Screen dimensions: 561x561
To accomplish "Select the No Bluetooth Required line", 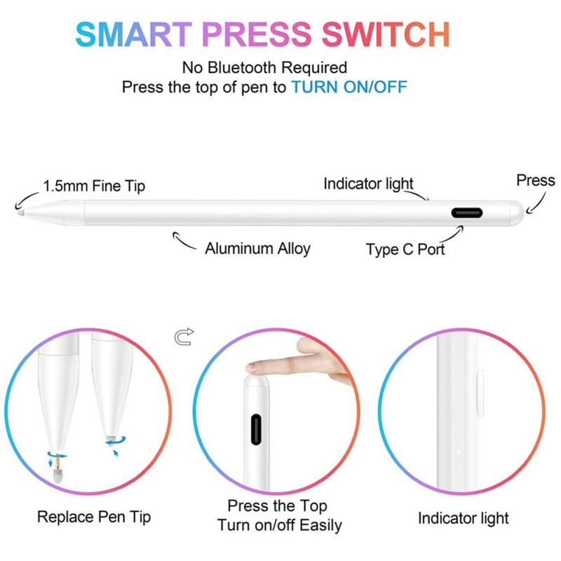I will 264,68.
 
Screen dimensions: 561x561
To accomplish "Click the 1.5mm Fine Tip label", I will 94,186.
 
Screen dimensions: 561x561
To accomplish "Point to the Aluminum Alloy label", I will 257,248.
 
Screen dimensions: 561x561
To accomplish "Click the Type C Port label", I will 405,249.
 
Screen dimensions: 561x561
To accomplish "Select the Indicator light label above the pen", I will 367,184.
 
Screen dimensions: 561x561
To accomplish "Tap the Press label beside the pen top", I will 536,180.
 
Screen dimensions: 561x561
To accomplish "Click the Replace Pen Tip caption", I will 94,518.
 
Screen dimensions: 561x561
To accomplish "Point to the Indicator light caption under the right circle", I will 464,518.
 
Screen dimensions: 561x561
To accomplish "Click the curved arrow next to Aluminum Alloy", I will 184,243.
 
